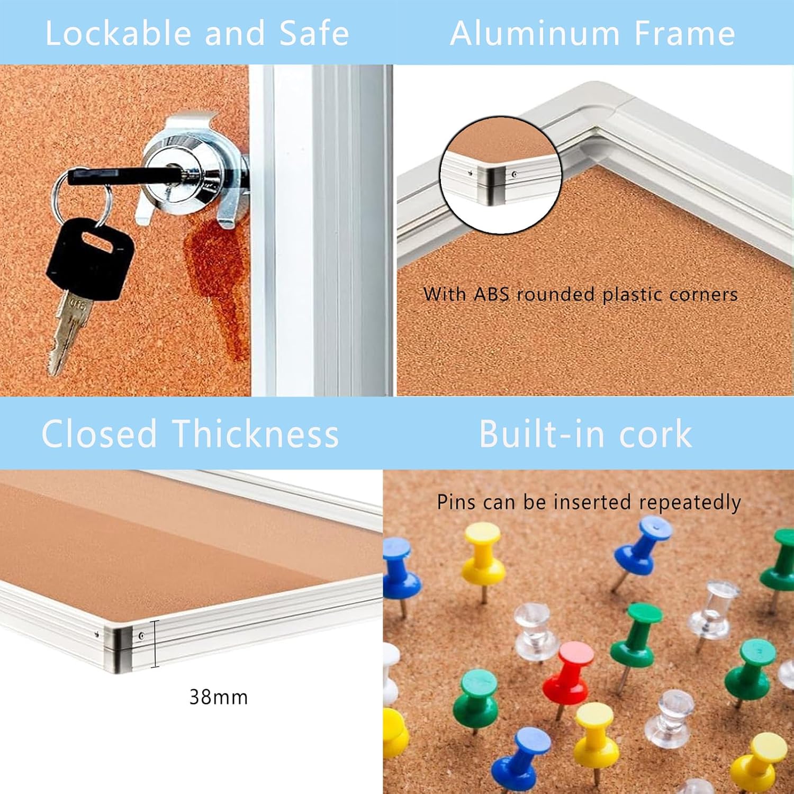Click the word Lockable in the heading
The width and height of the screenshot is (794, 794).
pyautogui.click(x=118, y=33)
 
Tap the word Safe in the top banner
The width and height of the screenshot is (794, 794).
pyautogui.click(x=314, y=33)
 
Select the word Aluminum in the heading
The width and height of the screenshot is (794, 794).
pyautogui.click(x=535, y=33)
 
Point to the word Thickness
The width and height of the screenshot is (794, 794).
pyautogui.click(x=256, y=434)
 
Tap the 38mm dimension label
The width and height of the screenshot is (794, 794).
pyautogui.click(x=219, y=697)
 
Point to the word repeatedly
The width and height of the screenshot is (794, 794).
pyautogui.click(x=690, y=502)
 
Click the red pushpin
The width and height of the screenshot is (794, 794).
pyautogui.click(x=567, y=672)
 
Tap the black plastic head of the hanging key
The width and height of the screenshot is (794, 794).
pyautogui.click(x=89, y=255)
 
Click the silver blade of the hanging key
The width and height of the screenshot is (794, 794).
pyautogui.click(x=69, y=331)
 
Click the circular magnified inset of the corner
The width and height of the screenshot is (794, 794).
pyautogui.click(x=500, y=175)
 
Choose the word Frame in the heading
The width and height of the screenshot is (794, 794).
pyautogui.click(x=684, y=33)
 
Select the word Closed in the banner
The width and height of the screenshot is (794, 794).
pyautogui.click(x=100, y=434)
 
